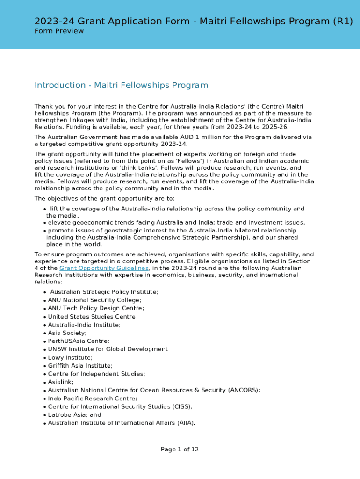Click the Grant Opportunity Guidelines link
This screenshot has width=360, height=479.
(104, 268)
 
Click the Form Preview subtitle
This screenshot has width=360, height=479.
(59, 31)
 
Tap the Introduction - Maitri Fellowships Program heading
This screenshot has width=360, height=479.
(121, 85)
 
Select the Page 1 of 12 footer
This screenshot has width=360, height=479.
(180, 450)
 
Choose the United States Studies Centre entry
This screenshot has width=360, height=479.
(92, 317)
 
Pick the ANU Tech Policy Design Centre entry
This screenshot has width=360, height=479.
(96, 308)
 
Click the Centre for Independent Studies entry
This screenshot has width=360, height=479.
(96, 374)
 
